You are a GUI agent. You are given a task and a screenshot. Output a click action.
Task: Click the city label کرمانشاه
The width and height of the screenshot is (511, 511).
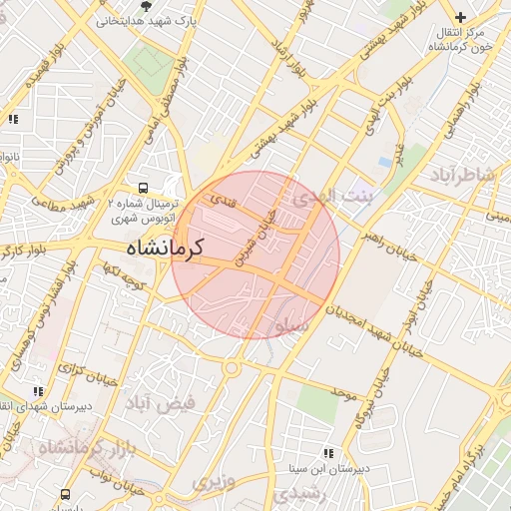point(166,247)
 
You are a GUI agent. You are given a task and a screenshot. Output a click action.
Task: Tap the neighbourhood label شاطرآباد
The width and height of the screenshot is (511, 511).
point(463,177)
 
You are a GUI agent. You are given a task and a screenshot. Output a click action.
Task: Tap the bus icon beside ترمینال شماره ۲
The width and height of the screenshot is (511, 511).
point(144,187)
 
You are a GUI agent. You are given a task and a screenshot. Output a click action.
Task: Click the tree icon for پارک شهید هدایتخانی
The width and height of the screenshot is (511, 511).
point(147,6)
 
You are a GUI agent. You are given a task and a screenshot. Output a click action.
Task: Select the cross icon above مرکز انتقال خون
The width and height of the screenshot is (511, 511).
point(460,17)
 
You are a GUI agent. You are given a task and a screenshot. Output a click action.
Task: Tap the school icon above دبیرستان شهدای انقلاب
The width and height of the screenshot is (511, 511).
point(38,392)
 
